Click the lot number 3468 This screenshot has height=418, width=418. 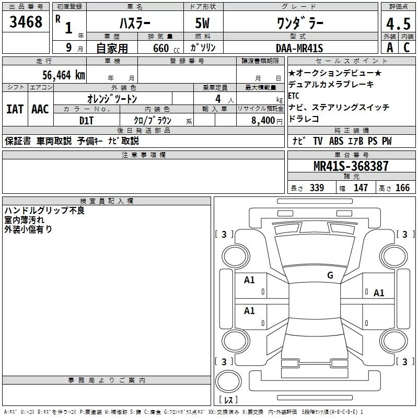(x=26, y=22)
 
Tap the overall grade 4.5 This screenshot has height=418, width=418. (x=398, y=24)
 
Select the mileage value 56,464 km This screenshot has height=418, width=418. (x=64, y=75)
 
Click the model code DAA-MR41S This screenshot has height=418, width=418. (x=299, y=48)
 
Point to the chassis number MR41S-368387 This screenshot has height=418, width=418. (x=351, y=166)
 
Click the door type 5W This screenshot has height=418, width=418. (x=202, y=23)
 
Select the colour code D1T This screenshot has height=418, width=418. (x=86, y=121)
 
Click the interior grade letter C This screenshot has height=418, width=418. (x=407, y=48)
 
